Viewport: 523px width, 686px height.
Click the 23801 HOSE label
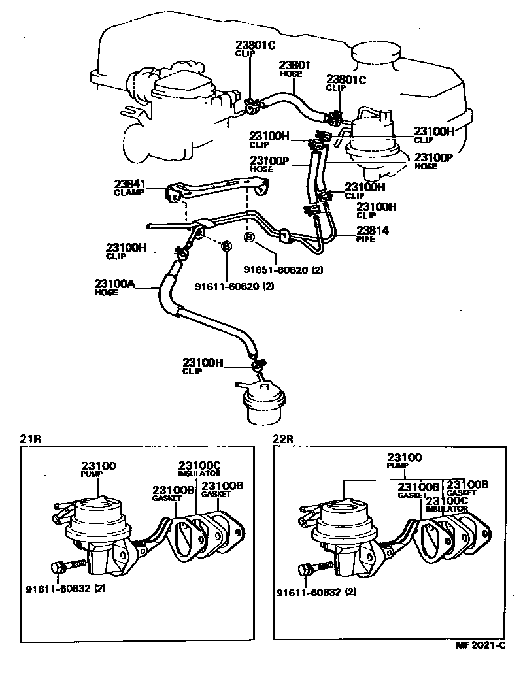tap(294, 69)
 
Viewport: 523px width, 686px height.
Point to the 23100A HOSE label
tap(115, 287)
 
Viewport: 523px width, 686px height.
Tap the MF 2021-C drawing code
tap(481, 645)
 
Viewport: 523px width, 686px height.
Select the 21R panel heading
tap(30, 440)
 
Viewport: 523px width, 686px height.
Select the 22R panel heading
tap(282, 440)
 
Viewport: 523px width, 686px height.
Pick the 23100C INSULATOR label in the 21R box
tap(199, 468)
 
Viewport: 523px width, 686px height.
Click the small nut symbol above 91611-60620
tap(226, 246)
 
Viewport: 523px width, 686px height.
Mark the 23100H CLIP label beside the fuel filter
tap(203, 366)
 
